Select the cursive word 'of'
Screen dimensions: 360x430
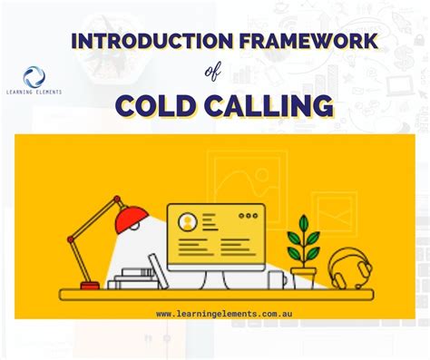point(214,73)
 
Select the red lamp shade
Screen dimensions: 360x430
point(132,219)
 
